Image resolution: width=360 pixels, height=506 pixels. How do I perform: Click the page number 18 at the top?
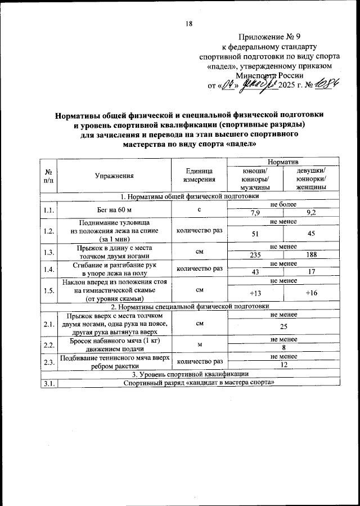pos(188,23)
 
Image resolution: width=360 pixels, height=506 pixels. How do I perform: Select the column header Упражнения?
pos(114,176)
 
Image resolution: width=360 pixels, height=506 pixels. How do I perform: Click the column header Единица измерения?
pos(199,176)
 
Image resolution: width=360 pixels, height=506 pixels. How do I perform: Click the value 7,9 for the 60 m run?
pos(255,212)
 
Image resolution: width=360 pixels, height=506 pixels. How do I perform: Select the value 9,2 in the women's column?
pos(312,212)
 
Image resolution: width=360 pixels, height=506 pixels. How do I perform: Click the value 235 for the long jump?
pos(255,254)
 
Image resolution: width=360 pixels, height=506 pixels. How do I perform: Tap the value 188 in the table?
pos(312,254)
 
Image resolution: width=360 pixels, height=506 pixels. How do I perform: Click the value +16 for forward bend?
pos(312,293)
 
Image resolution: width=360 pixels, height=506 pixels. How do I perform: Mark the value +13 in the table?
pos(255,293)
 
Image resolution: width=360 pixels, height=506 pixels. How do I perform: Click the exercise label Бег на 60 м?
pos(114,209)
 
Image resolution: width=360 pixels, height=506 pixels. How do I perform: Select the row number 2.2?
pos(48,344)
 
